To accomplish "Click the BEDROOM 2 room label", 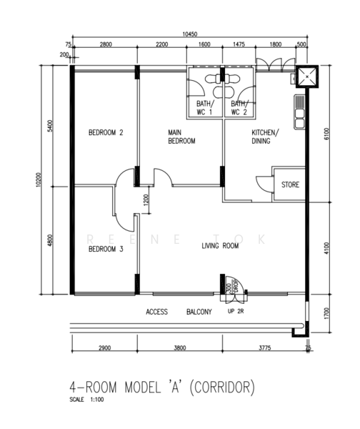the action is pos(106,133).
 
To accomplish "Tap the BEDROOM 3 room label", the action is pos(106,249).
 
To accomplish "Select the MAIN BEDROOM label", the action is pos(181,137).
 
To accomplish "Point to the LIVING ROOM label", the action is pos(220,246).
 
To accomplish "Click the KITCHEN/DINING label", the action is pos(265,137).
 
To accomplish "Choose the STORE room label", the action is pos(290,184).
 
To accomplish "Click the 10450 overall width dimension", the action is pos(190,34).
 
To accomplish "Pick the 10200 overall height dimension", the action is pos(39,179).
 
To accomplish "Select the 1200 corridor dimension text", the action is pos(146,200).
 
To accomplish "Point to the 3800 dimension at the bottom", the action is pos(180,348).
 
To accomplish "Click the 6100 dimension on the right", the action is pos(327,134).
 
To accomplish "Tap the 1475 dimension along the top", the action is pos(239,44).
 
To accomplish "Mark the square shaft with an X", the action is pos(307,77).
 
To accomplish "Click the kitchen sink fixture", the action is pos(299,112).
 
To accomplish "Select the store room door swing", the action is pos(264,184).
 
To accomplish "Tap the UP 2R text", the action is pos(236,311).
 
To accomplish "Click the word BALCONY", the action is pos(199,312).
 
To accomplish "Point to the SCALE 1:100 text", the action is pos(86,400).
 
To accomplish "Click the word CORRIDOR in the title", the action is pos(222,387).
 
